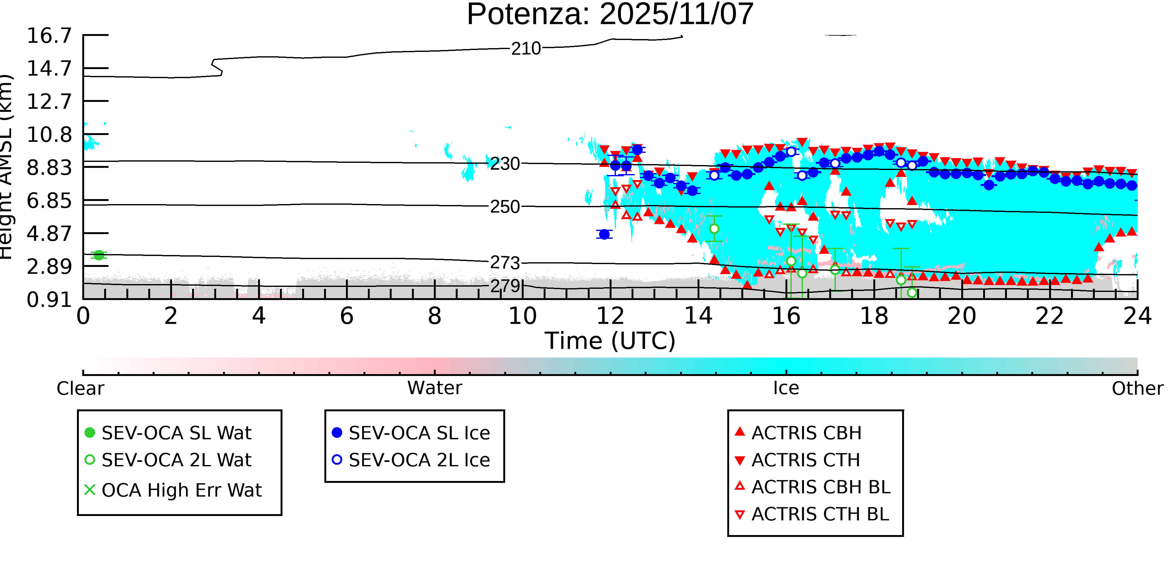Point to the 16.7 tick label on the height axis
click(x=49, y=36)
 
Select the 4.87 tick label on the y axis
click(x=49, y=234)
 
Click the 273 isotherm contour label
click(x=505, y=263)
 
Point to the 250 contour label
click(x=505, y=207)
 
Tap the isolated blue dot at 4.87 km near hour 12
click(x=604, y=234)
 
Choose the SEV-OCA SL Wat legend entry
click(x=176, y=433)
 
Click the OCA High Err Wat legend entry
click(x=181, y=490)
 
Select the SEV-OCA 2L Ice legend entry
click(x=419, y=460)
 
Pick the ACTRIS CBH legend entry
click(x=806, y=433)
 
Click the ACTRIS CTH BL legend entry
click(x=820, y=514)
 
